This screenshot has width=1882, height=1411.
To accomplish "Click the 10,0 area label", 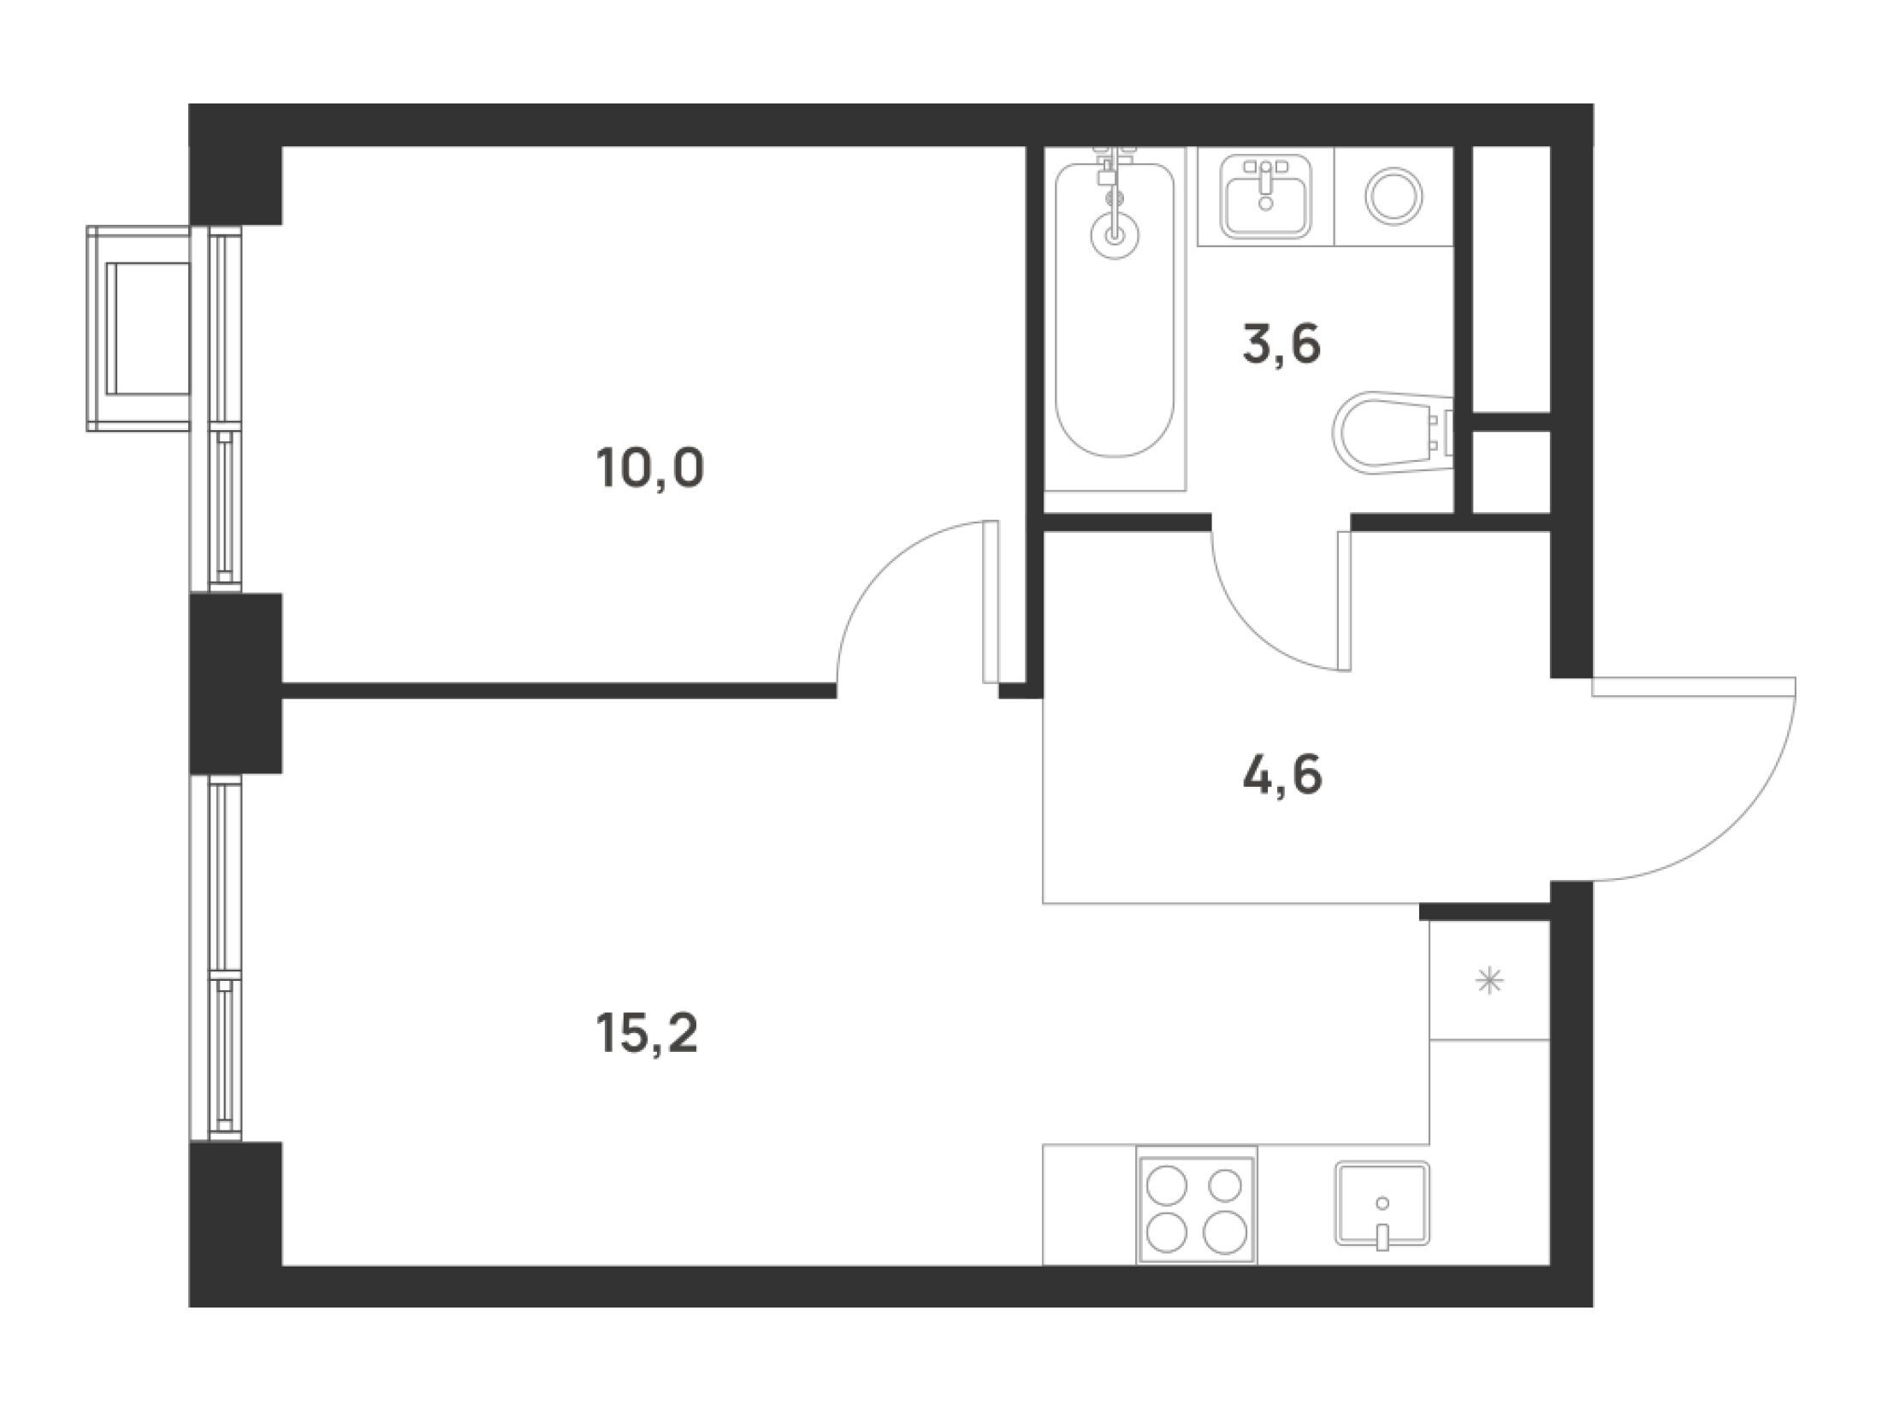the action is click(651, 469).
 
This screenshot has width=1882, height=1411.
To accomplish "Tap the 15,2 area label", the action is click(648, 1035).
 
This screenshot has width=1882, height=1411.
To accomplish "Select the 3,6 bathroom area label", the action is click(1282, 345).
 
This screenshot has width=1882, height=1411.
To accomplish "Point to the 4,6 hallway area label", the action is click(1282, 777).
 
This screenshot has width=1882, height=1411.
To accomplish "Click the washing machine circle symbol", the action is click(1394, 196).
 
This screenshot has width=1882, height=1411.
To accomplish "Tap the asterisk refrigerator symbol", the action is click(1490, 980).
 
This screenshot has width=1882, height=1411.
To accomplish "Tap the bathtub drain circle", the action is click(1114, 233).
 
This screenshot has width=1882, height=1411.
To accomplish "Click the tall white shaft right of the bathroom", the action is click(1512, 279).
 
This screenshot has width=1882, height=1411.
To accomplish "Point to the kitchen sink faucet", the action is click(1382, 1237).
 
